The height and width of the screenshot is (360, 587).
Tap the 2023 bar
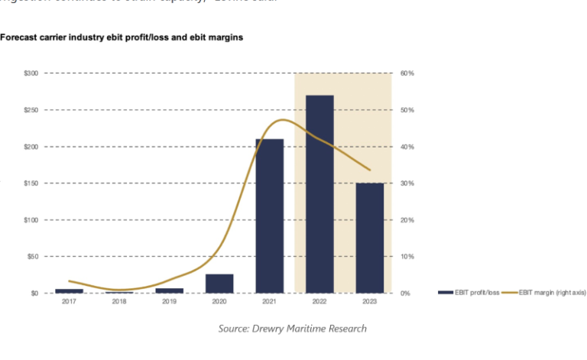point(370,238)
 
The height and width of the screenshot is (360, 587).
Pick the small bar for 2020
point(219,284)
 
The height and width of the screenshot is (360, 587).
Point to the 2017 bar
point(69,291)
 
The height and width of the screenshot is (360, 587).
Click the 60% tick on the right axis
point(407,73)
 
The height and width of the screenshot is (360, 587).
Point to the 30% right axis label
point(407,183)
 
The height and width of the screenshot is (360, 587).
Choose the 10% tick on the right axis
point(407,257)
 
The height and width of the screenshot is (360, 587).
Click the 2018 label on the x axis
point(119,303)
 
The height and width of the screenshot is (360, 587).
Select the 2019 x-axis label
point(169,303)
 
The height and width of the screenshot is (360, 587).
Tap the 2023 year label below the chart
point(370,303)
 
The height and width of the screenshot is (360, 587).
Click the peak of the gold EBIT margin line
point(284,120)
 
